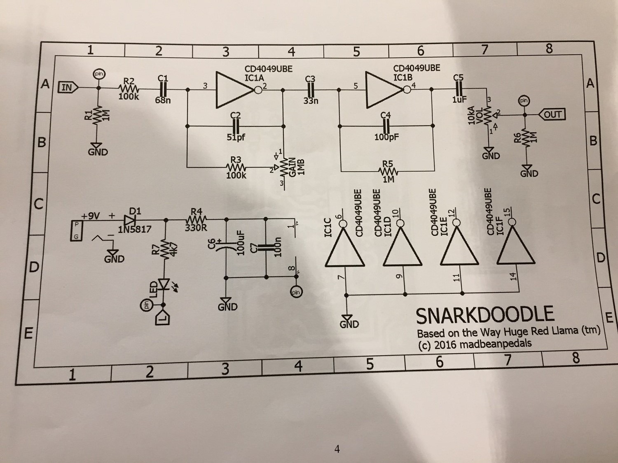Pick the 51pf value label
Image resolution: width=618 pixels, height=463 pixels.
(236, 137)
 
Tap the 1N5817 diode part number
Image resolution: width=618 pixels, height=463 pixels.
(135, 229)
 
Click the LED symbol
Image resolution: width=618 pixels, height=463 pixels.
(164, 284)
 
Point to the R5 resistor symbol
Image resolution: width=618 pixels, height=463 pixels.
(388, 171)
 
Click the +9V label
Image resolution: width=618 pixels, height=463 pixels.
(91, 216)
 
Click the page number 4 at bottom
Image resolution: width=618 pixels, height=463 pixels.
(337, 449)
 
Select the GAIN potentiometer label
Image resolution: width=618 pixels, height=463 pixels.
(293, 168)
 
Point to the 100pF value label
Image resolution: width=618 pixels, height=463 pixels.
(386, 137)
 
